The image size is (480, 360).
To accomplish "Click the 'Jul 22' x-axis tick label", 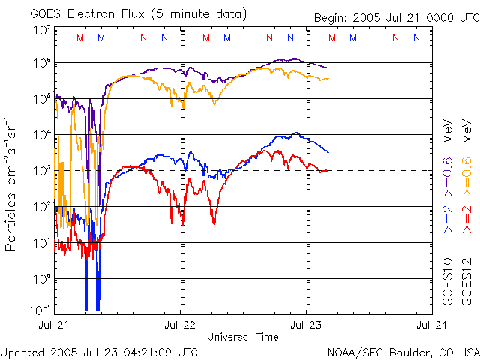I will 180,325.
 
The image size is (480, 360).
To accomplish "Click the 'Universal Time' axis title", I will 242,337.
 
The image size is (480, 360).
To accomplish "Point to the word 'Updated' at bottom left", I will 22,352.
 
